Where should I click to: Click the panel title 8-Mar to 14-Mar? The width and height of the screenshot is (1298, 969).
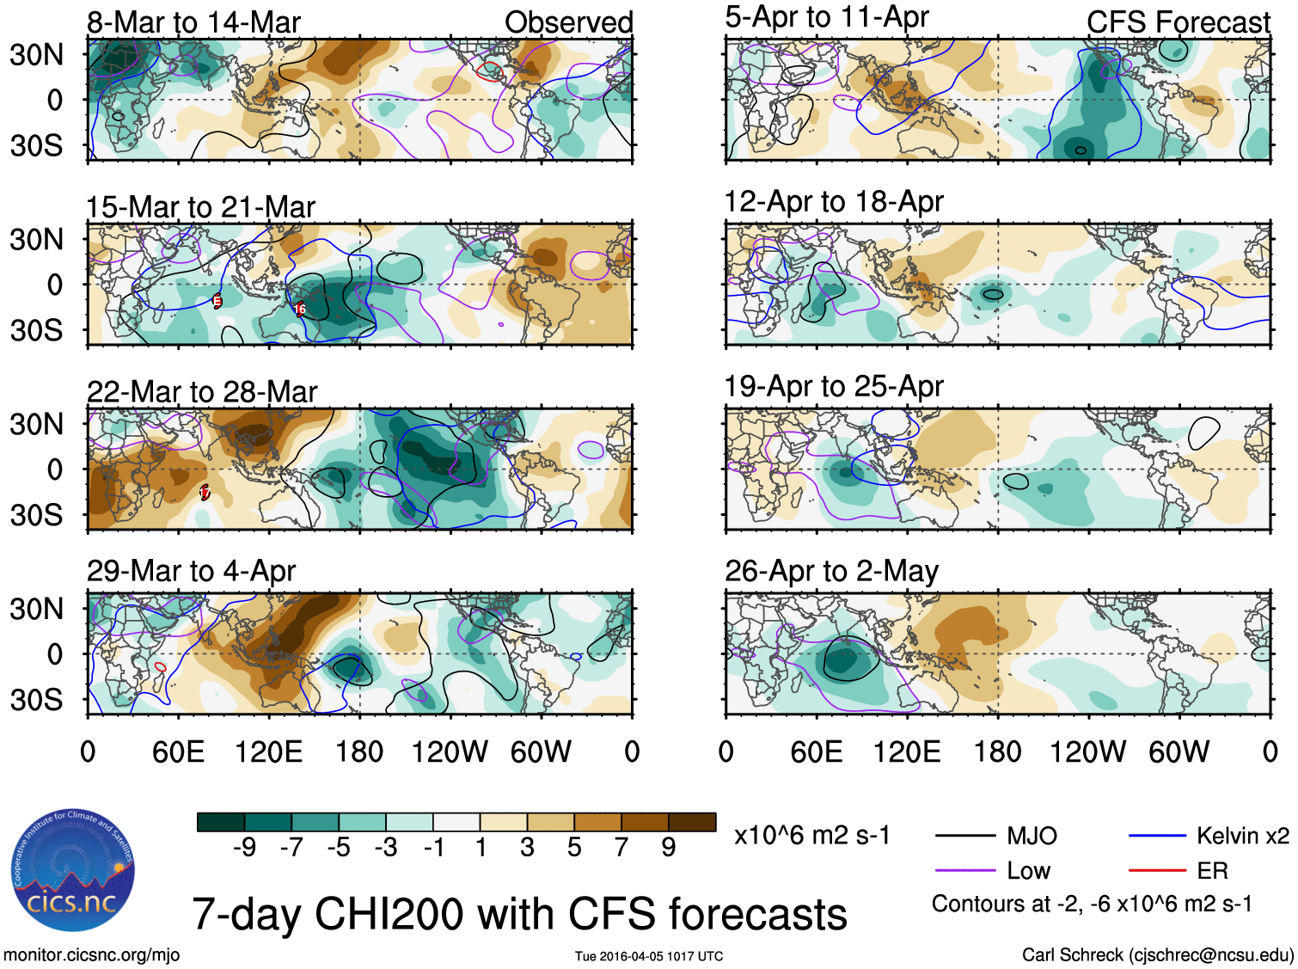(x=193, y=22)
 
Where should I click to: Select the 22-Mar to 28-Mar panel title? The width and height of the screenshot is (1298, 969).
(x=202, y=392)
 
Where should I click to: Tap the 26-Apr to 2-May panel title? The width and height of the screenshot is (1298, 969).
(x=831, y=571)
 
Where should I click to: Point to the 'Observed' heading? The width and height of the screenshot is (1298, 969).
(x=568, y=22)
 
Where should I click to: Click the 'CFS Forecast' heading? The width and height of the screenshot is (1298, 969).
(x=1178, y=22)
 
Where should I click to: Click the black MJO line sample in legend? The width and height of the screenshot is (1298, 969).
(x=964, y=836)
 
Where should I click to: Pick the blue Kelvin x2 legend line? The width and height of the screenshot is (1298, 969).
(x=1157, y=836)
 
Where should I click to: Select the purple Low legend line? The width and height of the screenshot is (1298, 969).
(x=964, y=871)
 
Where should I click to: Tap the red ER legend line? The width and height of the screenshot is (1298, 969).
(x=1157, y=871)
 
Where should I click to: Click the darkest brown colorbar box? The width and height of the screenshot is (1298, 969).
(x=692, y=822)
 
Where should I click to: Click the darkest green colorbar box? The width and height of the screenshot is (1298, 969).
(x=221, y=822)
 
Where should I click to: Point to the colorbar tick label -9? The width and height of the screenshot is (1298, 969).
(x=245, y=848)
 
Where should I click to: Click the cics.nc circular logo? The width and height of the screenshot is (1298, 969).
(x=73, y=870)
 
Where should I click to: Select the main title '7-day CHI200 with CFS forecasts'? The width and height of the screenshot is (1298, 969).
(x=519, y=914)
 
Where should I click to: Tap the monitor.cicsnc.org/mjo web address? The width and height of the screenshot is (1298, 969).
(x=92, y=955)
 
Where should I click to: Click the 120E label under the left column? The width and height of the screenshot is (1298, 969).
(x=268, y=752)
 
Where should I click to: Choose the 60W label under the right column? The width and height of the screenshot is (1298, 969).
(x=1179, y=752)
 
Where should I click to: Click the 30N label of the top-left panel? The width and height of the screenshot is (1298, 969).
(x=37, y=55)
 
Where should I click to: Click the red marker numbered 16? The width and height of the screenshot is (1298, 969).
(x=300, y=309)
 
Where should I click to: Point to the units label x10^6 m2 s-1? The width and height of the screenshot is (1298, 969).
(x=811, y=836)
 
